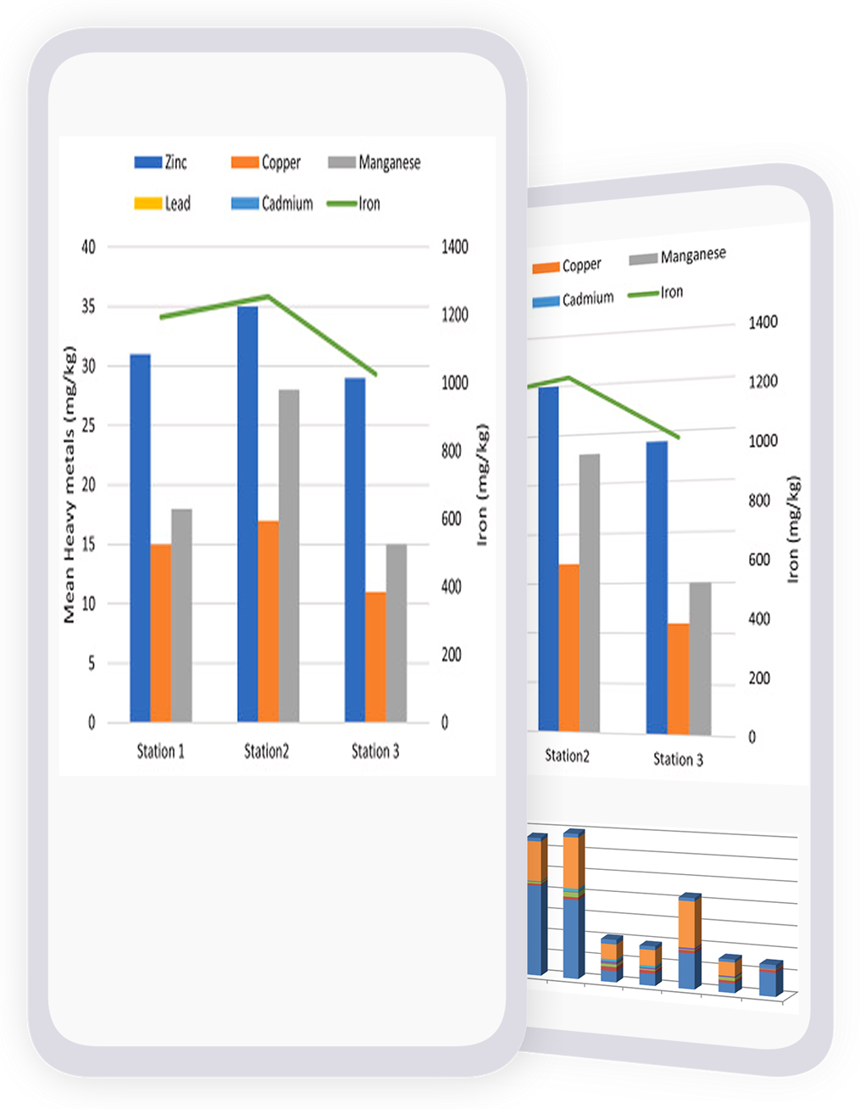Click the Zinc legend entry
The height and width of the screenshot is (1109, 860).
click(162, 162)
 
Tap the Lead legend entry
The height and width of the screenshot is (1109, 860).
click(163, 203)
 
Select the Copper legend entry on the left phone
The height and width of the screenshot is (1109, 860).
click(266, 162)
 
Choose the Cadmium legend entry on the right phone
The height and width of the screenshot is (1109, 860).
click(574, 299)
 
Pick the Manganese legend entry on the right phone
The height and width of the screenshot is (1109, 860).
click(678, 256)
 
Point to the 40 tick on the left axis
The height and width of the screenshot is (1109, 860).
click(88, 247)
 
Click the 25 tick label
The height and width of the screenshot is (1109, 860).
click(88, 426)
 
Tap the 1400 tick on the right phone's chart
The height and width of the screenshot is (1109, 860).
click(763, 322)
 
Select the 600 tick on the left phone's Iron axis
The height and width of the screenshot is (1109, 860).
click(451, 519)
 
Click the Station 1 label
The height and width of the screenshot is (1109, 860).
click(160, 751)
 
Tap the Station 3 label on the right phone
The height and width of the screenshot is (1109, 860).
click(678, 760)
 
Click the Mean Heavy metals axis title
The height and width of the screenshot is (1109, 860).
click(69, 485)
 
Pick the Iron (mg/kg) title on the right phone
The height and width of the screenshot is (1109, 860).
click(794, 530)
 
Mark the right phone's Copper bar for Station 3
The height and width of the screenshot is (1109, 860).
click(678, 678)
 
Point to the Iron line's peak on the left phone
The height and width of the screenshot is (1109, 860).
click(268, 296)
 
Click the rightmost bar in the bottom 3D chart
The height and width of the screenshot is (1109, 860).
click(769, 979)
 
